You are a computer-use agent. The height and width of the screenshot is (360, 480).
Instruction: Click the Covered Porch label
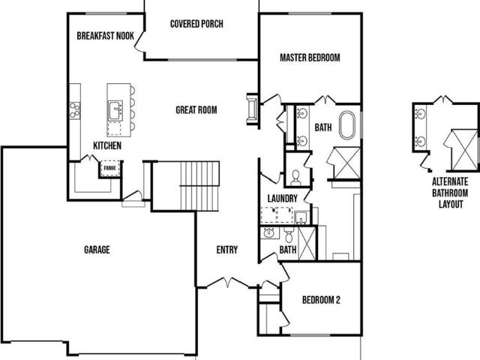click(196, 24)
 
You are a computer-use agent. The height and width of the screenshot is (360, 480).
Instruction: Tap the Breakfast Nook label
click(105, 36)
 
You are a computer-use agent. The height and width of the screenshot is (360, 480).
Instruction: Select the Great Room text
click(196, 110)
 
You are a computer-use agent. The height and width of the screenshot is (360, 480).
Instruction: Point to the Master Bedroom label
click(310, 58)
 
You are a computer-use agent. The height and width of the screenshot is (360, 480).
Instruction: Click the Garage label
click(97, 250)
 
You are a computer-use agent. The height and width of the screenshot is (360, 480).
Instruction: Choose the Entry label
click(226, 250)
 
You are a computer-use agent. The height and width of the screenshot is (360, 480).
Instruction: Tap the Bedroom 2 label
click(321, 300)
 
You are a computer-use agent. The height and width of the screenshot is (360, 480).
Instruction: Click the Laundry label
click(282, 198)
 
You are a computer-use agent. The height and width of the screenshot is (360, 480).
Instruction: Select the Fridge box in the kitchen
click(110, 168)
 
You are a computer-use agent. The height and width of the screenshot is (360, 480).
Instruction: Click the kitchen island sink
click(115, 110)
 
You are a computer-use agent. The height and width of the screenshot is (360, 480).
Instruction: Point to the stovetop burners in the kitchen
click(75, 110)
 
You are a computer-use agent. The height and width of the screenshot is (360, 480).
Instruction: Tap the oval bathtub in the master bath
click(347, 125)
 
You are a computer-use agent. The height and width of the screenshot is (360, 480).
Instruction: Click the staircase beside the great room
click(200, 186)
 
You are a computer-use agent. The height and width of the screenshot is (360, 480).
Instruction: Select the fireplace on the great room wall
click(252, 109)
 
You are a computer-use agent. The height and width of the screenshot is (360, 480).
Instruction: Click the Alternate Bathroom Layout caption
click(450, 193)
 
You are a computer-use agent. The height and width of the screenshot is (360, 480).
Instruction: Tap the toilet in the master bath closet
click(295, 178)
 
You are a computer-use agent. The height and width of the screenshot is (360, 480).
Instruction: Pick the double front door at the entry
click(228, 282)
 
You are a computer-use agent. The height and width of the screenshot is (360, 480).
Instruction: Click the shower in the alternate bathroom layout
click(464, 150)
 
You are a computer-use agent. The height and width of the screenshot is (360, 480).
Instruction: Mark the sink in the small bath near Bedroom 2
click(269, 233)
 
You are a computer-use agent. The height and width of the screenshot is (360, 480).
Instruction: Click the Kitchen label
click(107, 145)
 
